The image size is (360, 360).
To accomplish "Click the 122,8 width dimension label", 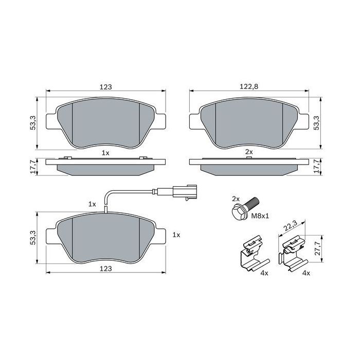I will (249, 87).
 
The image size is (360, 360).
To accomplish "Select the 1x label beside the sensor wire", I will (93, 204).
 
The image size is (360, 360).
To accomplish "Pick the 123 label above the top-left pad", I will (105, 87).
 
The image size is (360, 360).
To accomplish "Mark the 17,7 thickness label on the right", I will (317, 165).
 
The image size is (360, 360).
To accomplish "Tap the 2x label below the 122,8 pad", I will (249, 152).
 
